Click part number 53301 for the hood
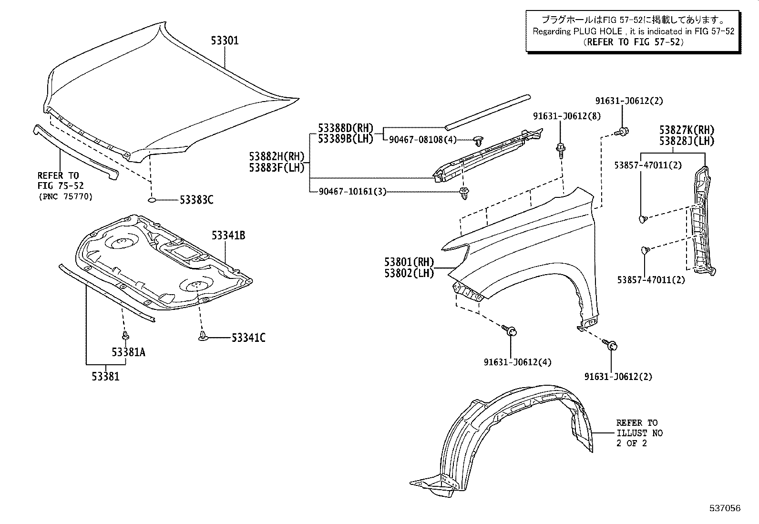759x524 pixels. (225, 41)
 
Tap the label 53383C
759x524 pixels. (196, 200)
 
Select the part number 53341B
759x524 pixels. (228, 236)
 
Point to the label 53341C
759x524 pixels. (248, 338)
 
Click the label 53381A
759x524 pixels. (128, 352)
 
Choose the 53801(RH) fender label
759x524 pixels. (409, 262)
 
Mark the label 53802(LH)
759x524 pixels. (409, 274)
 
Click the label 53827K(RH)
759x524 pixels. (687, 130)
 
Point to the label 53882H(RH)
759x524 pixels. (277, 156)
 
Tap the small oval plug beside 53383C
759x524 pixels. (152, 200)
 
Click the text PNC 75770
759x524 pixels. (65, 196)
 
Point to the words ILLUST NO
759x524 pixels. (639, 433)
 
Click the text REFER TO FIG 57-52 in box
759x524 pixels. (634, 42)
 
